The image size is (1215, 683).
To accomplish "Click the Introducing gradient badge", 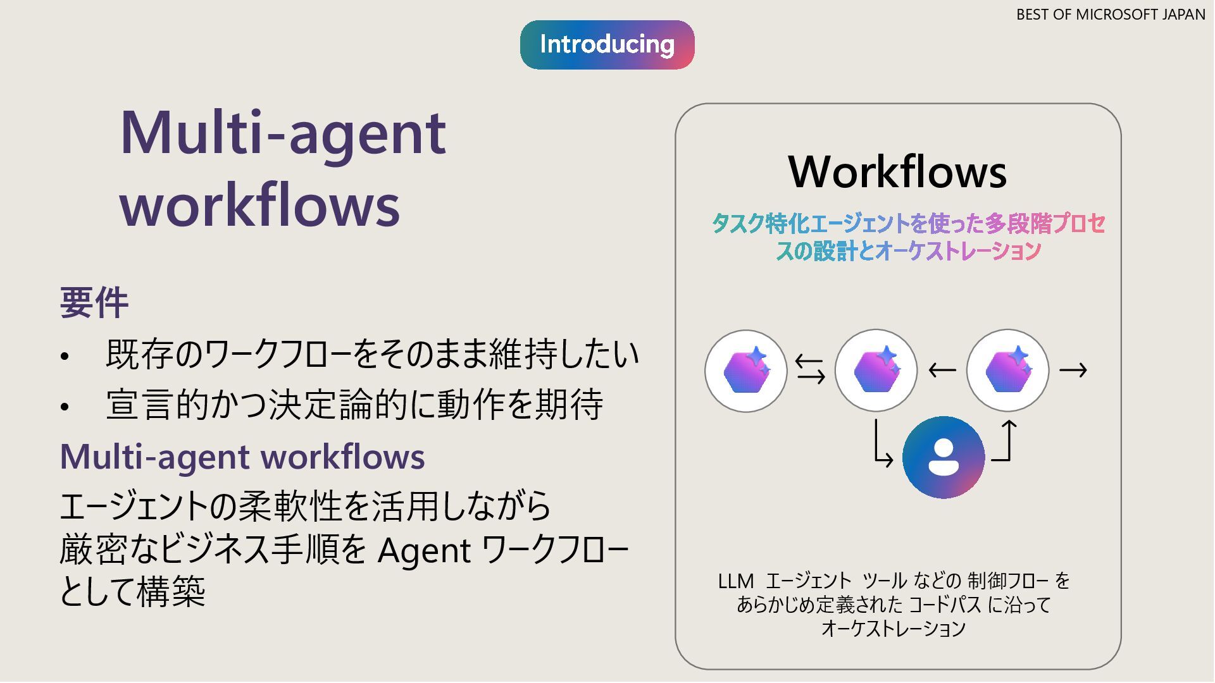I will [607, 45].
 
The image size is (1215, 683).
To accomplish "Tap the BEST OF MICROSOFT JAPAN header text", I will [1110, 15].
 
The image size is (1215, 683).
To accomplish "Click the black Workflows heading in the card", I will [897, 172].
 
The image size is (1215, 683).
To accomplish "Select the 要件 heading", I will [94, 303].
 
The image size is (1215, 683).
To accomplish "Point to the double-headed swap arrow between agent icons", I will [810, 370].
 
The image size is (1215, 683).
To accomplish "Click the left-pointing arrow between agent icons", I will [942, 370].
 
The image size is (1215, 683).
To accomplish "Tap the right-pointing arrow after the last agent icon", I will [1073, 370].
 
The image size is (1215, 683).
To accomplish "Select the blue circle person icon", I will [943, 457].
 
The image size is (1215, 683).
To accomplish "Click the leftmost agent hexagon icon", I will [746, 371].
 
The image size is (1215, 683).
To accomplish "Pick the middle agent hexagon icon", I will [876, 371].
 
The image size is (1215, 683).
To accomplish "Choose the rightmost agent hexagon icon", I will [1007, 371].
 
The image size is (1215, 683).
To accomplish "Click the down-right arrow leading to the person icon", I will [882, 445].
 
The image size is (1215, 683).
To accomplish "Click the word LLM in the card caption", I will [735, 581].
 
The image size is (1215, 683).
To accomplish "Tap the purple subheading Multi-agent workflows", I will [242, 457].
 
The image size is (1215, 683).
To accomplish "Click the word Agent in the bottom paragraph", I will [424, 550].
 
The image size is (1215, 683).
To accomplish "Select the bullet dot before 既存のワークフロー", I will [65, 357].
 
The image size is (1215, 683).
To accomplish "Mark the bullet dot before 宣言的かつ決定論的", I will [65, 407].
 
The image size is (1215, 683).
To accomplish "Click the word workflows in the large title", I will [260, 205].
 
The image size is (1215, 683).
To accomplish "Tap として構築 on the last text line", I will [132, 592].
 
